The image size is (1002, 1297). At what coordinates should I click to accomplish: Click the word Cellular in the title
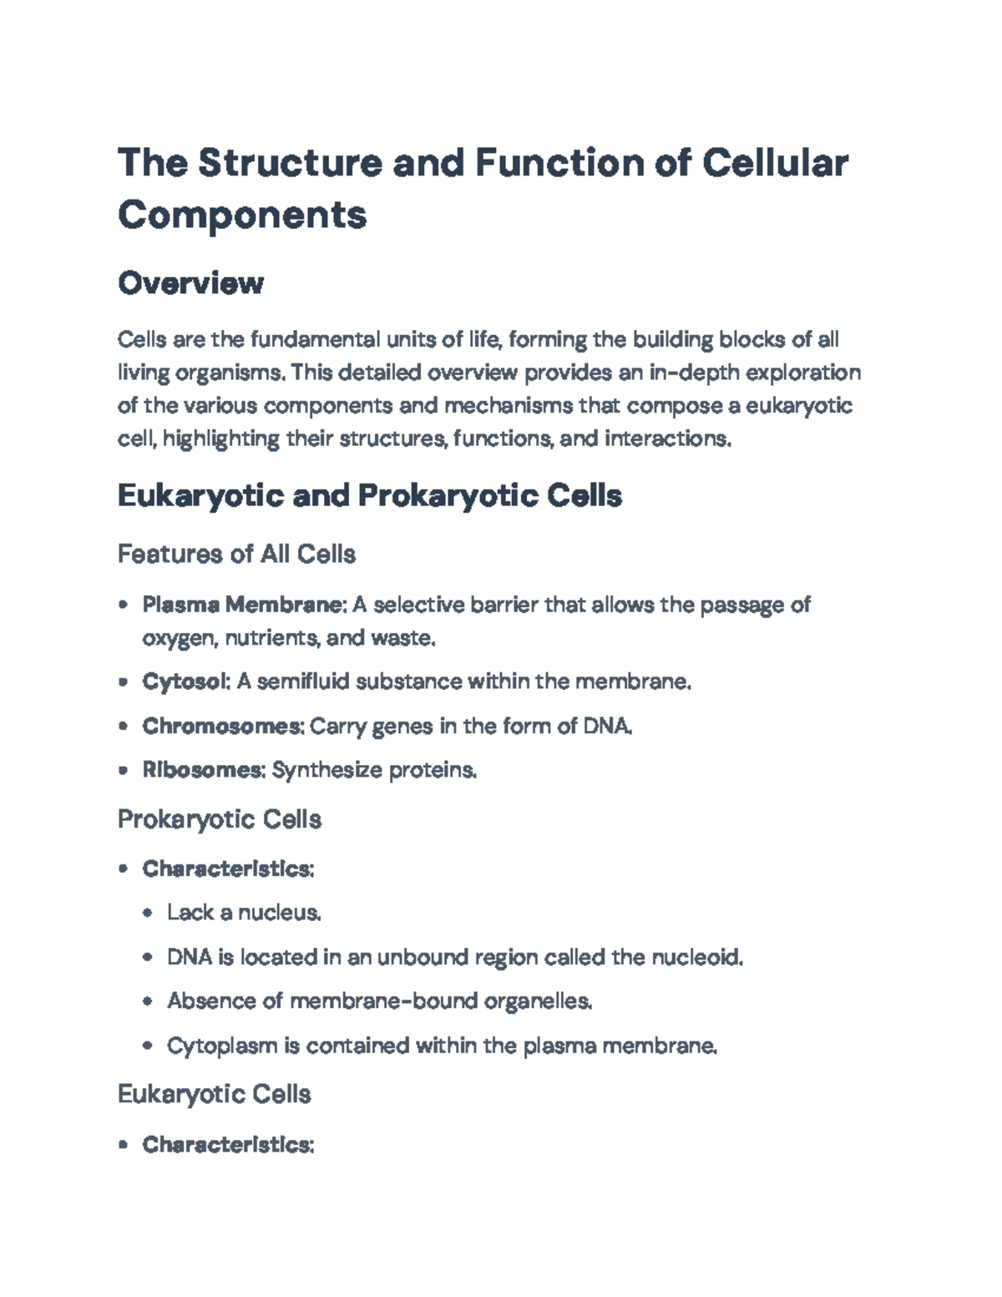pyautogui.click(x=776, y=162)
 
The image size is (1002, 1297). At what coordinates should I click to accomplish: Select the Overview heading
pyautogui.click(x=190, y=283)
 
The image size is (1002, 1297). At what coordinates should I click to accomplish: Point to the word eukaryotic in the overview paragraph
pyautogui.click(x=798, y=406)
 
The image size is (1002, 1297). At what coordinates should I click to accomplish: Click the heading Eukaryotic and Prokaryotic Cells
pyautogui.click(x=369, y=496)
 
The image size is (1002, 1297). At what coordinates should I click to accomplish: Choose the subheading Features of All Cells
pyautogui.click(x=236, y=554)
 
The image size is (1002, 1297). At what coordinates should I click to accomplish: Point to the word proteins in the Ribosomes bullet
pyautogui.click(x=433, y=769)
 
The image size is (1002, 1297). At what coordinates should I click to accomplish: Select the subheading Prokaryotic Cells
pyautogui.click(x=220, y=819)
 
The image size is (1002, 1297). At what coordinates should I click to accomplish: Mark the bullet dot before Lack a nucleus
pyautogui.click(x=148, y=913)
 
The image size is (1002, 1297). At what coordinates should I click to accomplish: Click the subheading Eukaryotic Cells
pyautogui.click(x=215, y=1094)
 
